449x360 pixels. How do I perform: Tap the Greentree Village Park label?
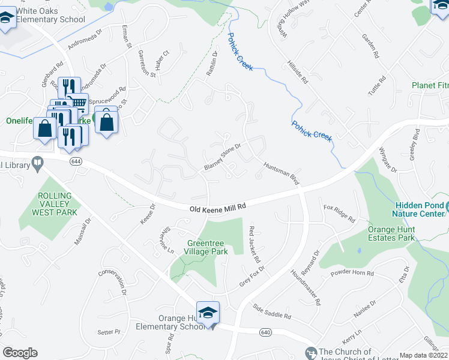208,247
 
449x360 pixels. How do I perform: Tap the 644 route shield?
76,161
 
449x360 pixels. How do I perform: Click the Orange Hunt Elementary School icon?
208,313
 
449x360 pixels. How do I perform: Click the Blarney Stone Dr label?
222,157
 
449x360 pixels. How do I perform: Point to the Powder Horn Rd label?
352,274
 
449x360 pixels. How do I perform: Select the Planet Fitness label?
430,85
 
